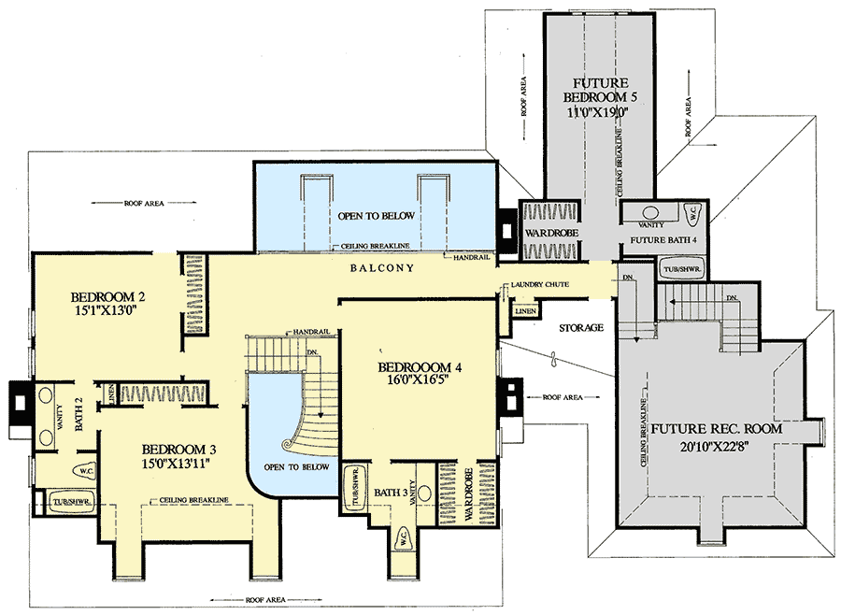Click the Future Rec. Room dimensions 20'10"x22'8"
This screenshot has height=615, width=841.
pos(718,447)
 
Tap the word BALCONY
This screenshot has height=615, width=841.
pos(382,268)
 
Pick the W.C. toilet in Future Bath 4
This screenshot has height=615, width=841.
pos(691,210)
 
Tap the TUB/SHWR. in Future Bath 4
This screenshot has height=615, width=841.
pos(682,269)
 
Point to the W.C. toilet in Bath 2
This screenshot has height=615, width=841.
pos(86,470)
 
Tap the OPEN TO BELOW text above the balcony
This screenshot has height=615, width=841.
pos(378,216)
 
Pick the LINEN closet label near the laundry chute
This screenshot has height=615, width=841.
pos(525,309)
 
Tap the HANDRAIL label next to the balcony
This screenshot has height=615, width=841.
pos(468,257)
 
